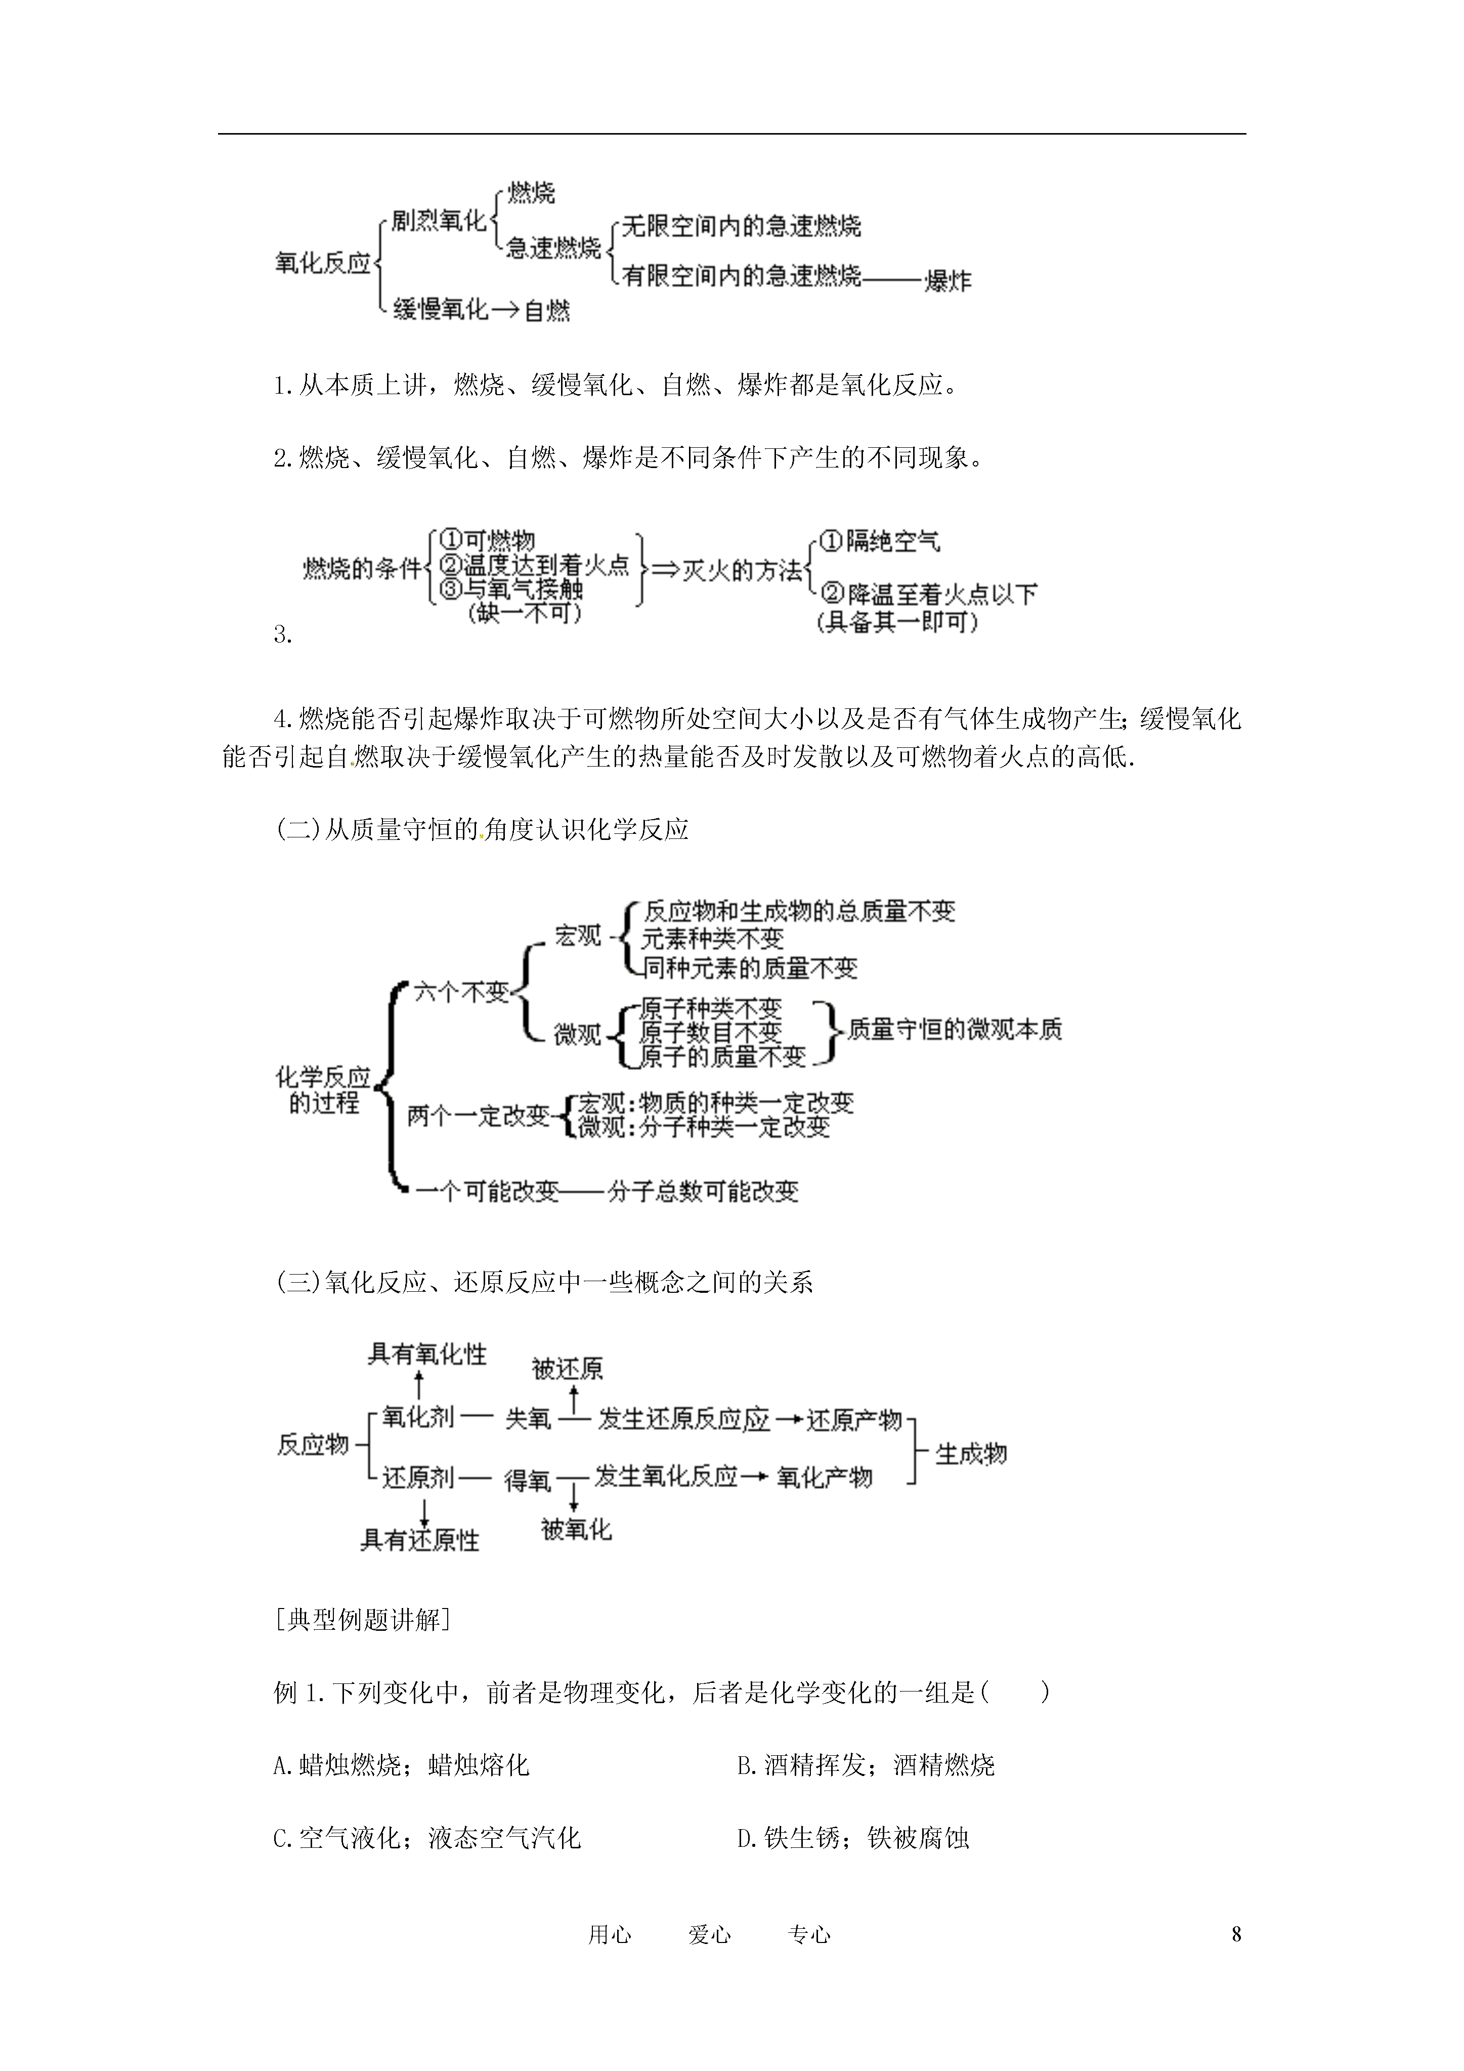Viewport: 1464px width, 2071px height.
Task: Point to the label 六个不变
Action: (x=462, y=993)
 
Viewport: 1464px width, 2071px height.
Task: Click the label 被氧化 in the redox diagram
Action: (x=576, y=1529)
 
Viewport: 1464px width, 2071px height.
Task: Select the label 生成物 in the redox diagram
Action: (x=971, y=1453)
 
